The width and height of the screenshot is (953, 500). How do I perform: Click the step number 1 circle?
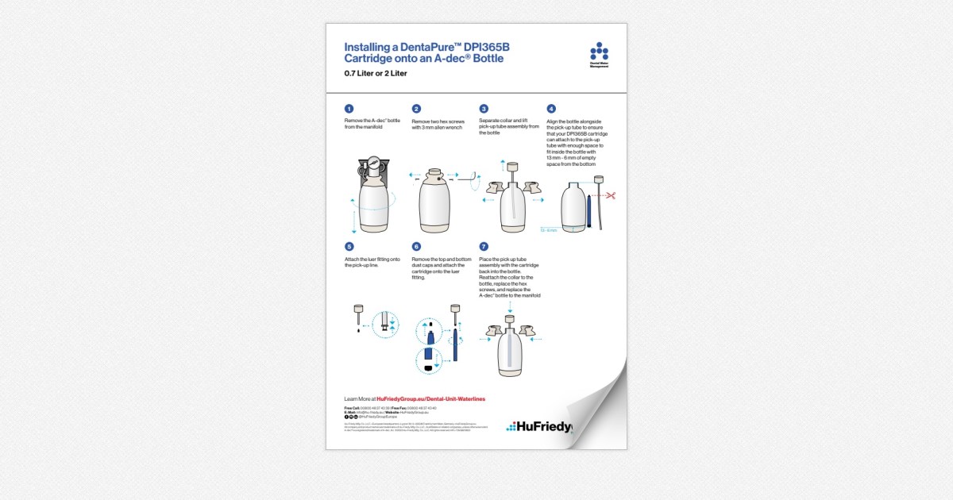pos(349,109)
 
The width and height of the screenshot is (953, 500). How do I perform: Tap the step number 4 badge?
pos(551,109)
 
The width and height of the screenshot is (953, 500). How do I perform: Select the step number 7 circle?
pos(484,247)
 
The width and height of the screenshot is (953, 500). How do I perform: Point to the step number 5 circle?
pos(349,247)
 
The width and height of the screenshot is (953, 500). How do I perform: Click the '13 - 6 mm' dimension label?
pos(549,230)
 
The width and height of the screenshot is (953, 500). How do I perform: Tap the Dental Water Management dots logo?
pos(599,52)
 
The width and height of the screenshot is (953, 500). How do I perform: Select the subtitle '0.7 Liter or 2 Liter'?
pos(376,74)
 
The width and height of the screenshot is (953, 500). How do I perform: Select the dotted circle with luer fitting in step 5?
pos(387,325)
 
